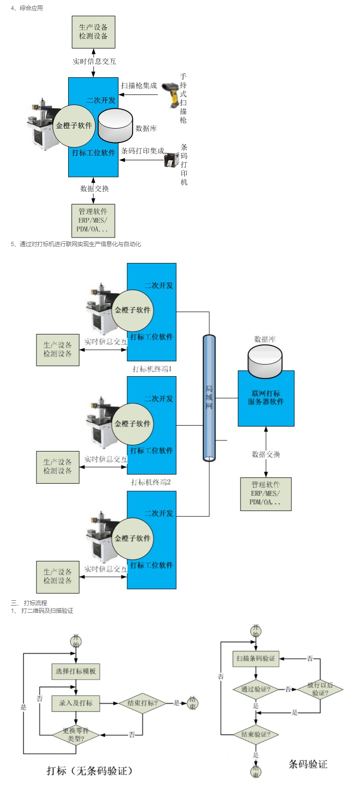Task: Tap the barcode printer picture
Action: coord(171,159)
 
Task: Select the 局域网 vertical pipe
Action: coord(209,398)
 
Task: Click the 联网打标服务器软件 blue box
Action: coord(266,398)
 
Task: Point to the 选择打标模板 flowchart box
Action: coord(76,671)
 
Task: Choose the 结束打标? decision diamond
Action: coord(142,703)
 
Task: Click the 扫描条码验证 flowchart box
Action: coord(255,658)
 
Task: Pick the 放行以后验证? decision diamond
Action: coord(320,689)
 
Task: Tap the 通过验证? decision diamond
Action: coord(255,689)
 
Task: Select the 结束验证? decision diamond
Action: coord(255,734)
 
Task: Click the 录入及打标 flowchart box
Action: coord(76,703)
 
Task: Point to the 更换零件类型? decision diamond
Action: coord(76,735)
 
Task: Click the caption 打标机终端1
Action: coord(152,369)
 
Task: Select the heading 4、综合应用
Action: coord(27,8)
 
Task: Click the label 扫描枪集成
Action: coord(139,85)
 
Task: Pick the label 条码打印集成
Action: coord(142,151)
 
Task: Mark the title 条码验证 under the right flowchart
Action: coord(308,764)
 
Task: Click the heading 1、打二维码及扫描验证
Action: coord(42,611)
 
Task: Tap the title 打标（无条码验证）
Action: coord(89,771)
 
